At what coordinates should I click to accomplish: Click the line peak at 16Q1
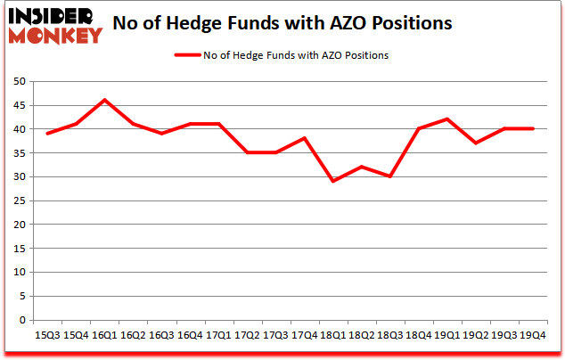tap(104, 100)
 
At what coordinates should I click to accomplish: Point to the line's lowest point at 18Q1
tap(333, 181)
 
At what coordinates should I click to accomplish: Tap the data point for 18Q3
tap(390, 176)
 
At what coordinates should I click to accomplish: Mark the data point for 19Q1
tap(447, 119)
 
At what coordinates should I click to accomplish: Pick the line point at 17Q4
tap(305, 138)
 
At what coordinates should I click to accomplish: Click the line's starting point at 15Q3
tap(47, 134)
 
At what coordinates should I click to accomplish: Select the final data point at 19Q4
tap(533, 128)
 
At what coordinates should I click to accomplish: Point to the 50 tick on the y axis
tap(20, 81)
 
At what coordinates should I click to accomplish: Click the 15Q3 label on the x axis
tap(47, 335)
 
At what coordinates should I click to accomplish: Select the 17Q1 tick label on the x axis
tap(218, 335)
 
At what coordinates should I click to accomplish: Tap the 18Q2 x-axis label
tap(362, 335)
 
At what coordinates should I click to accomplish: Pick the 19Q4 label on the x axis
tap(533, 335)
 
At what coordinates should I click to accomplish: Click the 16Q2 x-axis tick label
tap(133, 335)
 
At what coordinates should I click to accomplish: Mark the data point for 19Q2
tap(476, 143)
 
